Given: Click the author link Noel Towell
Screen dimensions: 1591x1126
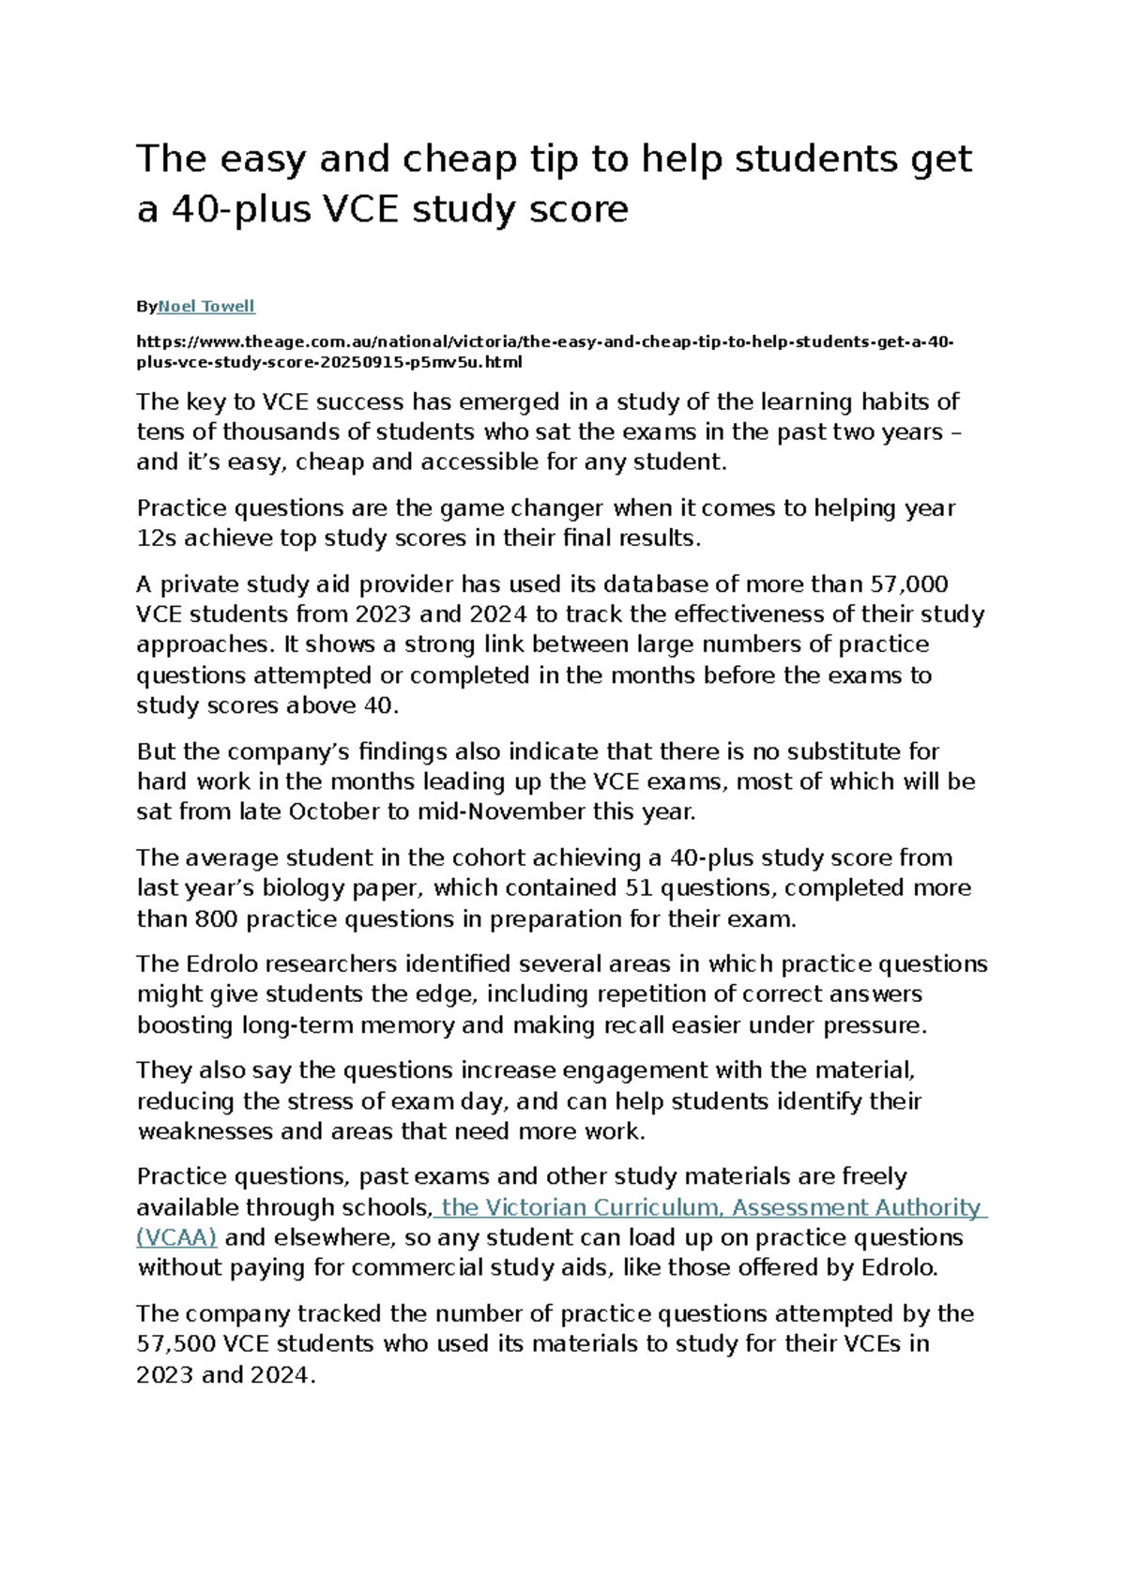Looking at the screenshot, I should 206,307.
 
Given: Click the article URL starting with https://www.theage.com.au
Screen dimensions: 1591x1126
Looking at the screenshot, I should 544,341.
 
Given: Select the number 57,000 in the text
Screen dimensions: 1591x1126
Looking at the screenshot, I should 909,584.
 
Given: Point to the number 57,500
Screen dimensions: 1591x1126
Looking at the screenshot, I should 176,1344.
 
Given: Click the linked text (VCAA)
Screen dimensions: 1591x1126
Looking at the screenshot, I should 176,1237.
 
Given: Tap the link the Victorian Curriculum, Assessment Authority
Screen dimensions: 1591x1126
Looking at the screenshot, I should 710,1207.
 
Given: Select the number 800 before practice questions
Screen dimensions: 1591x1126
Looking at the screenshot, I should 216,919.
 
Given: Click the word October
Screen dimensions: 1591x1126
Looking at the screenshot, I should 334,812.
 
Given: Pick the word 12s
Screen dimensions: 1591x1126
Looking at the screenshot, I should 156,538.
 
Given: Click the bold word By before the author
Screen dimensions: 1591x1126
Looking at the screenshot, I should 146,307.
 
